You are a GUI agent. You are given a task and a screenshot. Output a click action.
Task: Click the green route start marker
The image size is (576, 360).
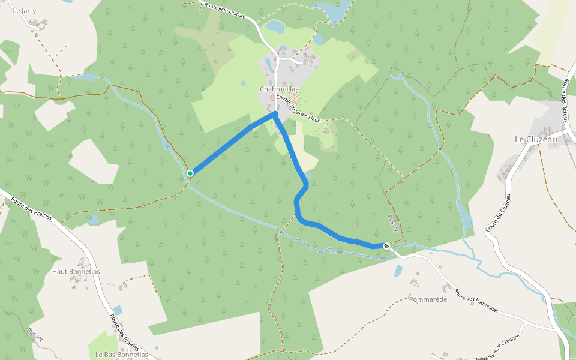[190, 173]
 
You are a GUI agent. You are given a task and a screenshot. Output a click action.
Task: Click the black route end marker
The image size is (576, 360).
[386, 246]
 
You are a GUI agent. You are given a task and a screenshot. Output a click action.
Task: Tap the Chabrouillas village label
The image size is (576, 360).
[279, 89]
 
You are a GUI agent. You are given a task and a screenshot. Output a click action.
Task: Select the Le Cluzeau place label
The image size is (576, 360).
[536, 139]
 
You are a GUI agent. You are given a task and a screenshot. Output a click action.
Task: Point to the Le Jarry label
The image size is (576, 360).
[25, 10]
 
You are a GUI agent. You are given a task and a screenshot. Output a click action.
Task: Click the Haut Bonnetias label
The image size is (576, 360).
[76, 271]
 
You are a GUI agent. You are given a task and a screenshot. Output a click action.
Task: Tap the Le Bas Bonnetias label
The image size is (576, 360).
[121, 354]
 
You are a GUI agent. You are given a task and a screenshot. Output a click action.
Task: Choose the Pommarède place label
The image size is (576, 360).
[428, 299]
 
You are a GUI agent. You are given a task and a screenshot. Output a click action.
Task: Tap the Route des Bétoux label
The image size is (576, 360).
[565, 99]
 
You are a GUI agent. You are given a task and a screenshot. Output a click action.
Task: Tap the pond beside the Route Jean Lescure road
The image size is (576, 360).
[275, 26]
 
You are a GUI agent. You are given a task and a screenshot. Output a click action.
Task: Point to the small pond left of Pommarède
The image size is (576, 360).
[398, 271]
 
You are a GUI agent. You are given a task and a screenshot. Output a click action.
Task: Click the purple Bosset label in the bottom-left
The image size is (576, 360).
[35, 334]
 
